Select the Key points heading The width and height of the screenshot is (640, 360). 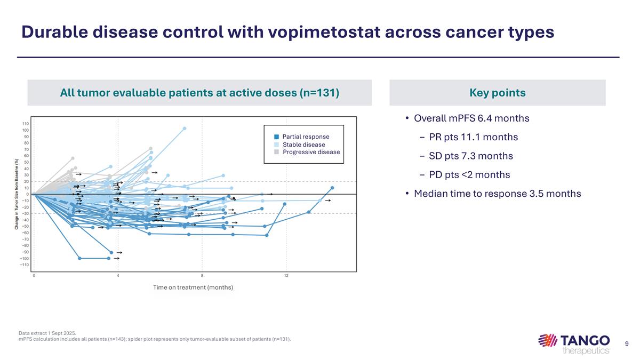pyautogui.click(x=497, y=93)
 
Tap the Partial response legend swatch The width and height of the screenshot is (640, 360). pyautogui.click(x=276, y=137)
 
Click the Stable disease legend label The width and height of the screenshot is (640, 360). pyautogui.click(x=303, y=145)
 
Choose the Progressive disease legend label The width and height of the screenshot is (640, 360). pyautogui.click(x=311, y=152)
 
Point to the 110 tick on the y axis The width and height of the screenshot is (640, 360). pyautogui.click(x=25, y=124)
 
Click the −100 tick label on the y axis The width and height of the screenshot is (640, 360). pyautogui.click(x=24, y=259)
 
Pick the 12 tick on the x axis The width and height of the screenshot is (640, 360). pyautogui.click(x=286, y=276)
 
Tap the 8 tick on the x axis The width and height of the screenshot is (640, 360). pyautogui.click(x=202, y=276)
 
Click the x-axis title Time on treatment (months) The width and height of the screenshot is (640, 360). pyautogui.click(x=193, y=287)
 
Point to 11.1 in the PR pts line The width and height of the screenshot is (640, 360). pyautogui.click(x=474, y=137)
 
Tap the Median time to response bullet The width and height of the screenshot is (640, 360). pyautogui.click(x=497, y=193)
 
